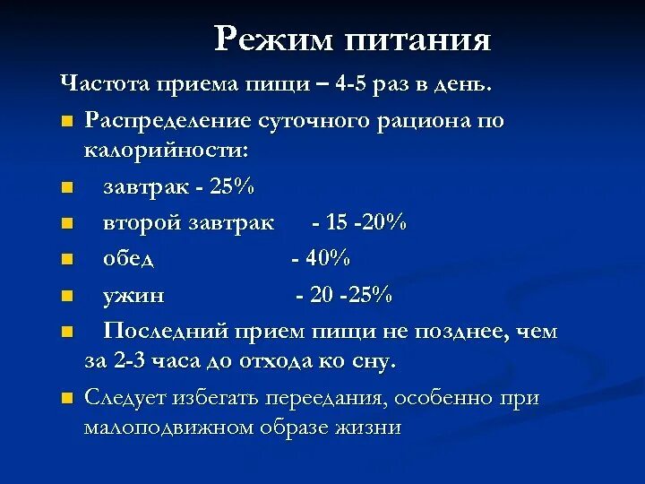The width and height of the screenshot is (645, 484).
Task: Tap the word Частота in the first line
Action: click(x=106, y=85)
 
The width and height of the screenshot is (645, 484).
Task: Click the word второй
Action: click(x=140, y=222)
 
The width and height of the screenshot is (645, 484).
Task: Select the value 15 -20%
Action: click(x=360, y=222)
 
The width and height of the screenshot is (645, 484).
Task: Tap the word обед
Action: click(x=129, y=258)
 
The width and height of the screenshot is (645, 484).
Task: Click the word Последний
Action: click(x=167, y=331)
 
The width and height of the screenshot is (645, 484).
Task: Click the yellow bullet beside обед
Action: click(x=66, y=260)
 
